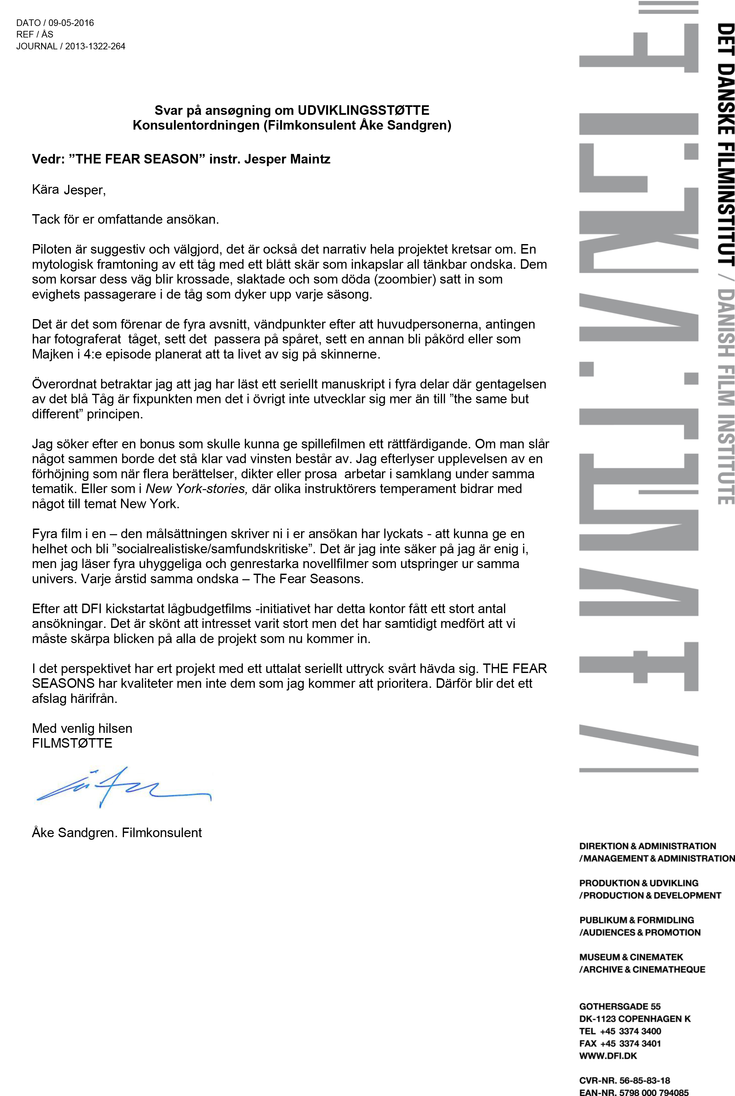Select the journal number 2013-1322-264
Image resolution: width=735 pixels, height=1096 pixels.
coord(95,46)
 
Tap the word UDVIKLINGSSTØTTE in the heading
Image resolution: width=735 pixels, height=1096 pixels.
coord(363,111)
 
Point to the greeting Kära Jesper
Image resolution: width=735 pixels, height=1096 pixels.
coord(69,190)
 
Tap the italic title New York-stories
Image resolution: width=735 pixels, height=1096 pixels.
coord(196,489)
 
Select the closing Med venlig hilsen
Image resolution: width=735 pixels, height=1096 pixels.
coord(82,729)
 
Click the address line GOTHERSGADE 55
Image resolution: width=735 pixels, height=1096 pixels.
coord(620,1007)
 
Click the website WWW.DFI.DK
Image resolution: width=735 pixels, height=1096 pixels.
coord(608,1056)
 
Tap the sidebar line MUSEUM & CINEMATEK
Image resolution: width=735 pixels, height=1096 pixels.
coord(631,957)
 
